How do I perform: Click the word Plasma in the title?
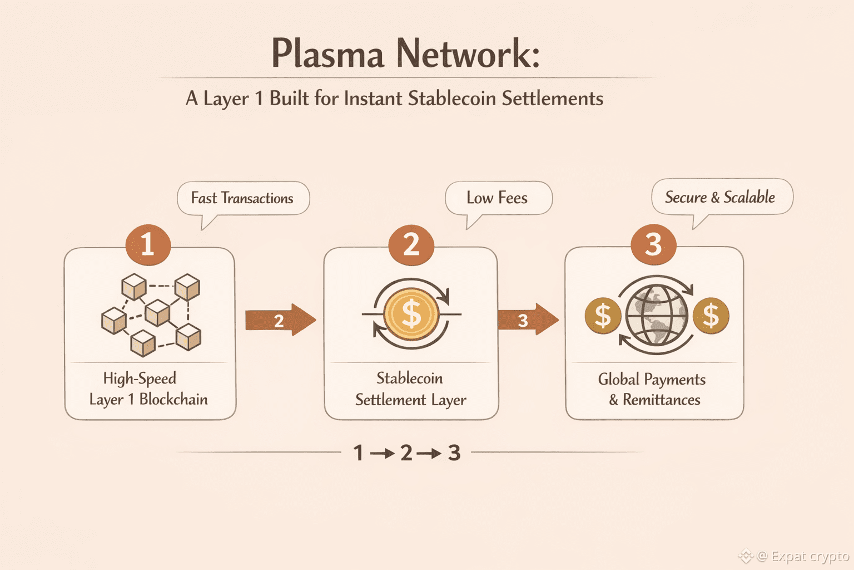pyautogui.click(x=327, y=54)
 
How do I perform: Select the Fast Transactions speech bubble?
pyautogui.click(x=242, y=198)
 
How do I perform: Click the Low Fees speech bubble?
pyautogui.click(x=498, y=198)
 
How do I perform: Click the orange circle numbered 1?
pyautogui.click(x=148, y=245)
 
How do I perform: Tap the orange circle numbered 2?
pyautogui.click(x=411, y=245)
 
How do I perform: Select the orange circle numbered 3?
pyautogui.click(x=653, y=245)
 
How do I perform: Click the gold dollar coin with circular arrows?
pyautogui.click(x=411, y=314)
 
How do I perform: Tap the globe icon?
pyautogui.click(x=657, y=315)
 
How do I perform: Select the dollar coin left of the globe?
pyautogui.click(x=603, y=316)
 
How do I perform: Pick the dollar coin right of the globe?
pyautogui.click(x=711, y=316)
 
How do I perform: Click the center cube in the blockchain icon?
pyautogui.click(x=157, y=312)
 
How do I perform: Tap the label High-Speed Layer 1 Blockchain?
pyautogui.click(x=148, y=389)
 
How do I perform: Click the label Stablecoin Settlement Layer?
pyautogui.click(x=410, y=389)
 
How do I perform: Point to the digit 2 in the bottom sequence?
pyautogui.click(x=406, y=453)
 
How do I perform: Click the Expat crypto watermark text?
pyautogui.click(x=810, y=556)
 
